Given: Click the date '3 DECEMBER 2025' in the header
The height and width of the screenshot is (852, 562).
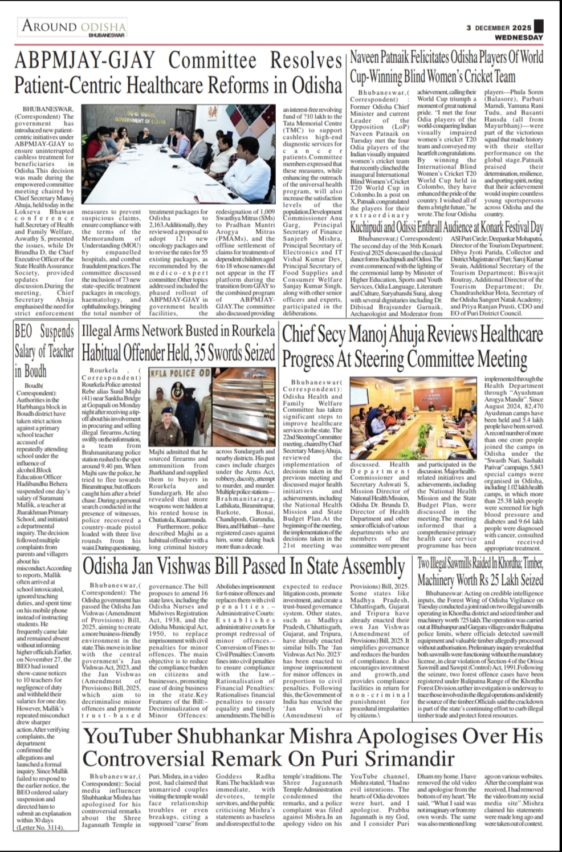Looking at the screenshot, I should pos(499,27).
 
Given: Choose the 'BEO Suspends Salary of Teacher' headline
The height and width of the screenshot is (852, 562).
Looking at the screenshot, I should pos(44,351).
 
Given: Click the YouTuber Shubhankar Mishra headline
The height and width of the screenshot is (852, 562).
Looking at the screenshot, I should pos(313,748).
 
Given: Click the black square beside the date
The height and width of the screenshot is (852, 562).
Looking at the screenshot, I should pos(539,27).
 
